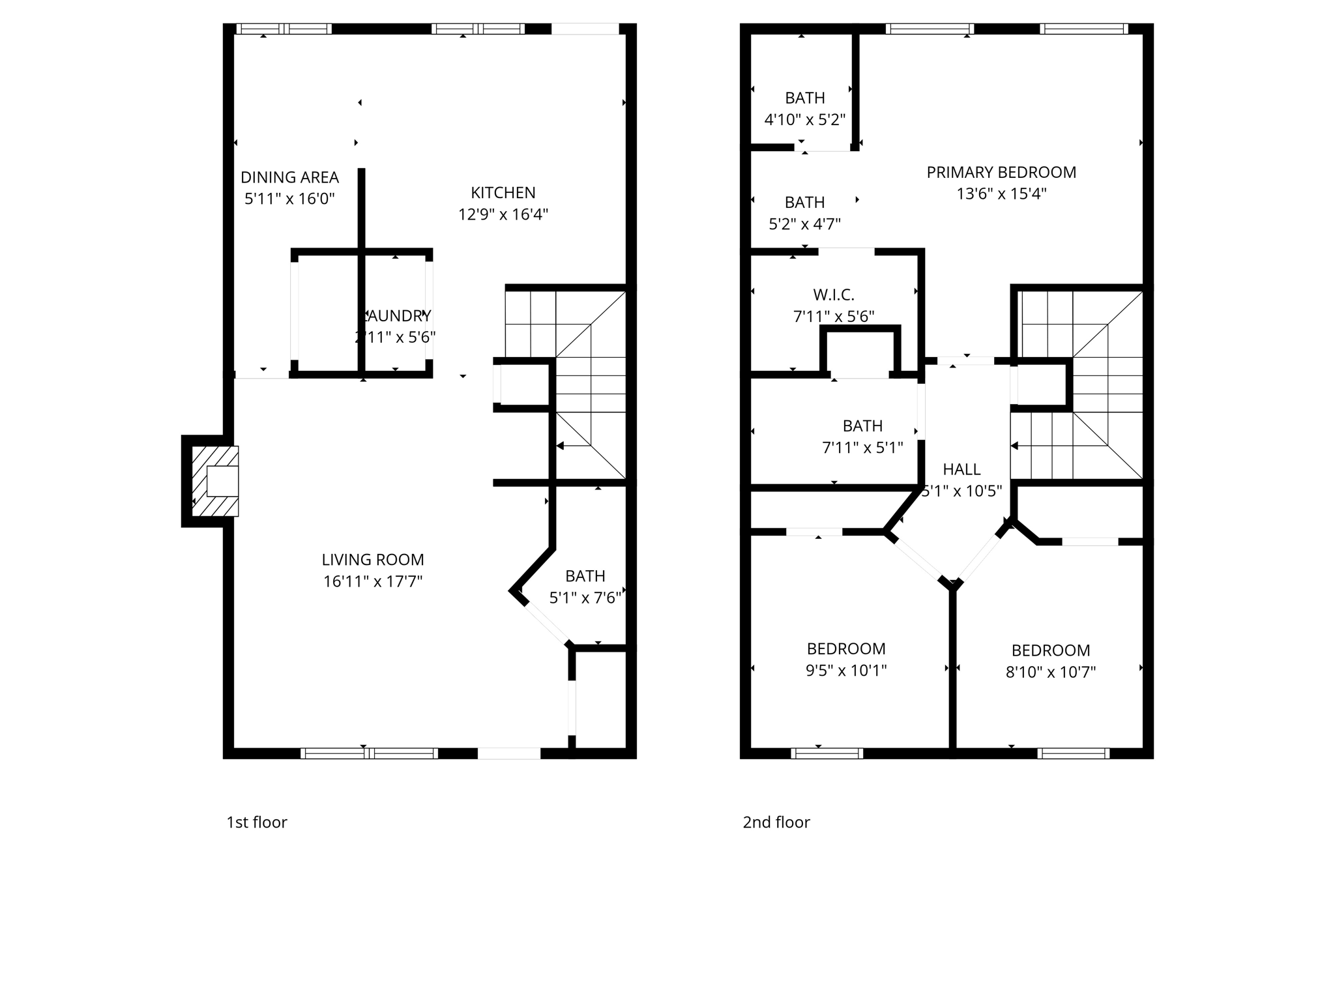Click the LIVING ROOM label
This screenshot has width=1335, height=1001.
(x=373, y=560)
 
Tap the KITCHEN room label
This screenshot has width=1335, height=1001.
(x=503, y=193)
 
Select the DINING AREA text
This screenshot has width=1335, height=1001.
(x=289, y=177)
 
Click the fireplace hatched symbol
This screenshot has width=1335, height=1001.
(x=216, y=481)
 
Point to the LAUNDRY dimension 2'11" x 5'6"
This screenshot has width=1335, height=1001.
(x=395, y=338)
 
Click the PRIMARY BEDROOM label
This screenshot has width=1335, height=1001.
(x=1001, y=173)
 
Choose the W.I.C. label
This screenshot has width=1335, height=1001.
(x=834, y=295)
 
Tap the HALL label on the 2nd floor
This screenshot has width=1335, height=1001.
(x=961, y=469)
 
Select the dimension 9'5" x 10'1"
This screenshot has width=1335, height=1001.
(x=846, y=671)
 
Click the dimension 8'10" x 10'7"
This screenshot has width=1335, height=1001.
(x=1050, y=672)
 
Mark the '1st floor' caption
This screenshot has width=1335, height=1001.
(x=257, y=822)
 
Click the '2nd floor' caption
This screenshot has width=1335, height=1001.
(x=776, y=822)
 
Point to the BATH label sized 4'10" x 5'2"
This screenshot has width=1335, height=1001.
(x=804, y=98)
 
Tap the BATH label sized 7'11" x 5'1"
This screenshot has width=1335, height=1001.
(x=862, y=426)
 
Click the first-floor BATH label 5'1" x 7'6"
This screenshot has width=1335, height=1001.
(x=585, y=576)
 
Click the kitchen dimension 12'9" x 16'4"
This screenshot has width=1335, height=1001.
(x=503, y=214)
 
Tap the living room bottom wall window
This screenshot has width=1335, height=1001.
(x=369, y=753)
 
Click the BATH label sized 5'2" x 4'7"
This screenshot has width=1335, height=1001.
(x=804, y=203)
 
